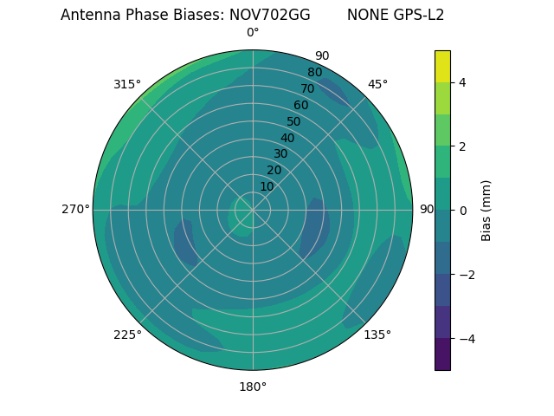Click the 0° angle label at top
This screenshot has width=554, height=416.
click(x=253, y=33)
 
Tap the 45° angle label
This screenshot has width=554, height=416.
click(x=377, y=84)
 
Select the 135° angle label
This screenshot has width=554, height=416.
click(x=377, y=335)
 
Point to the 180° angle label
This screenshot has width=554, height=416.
click(x=253, y=387)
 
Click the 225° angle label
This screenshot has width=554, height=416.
click(x=127, y=335)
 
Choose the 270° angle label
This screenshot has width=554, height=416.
click(x=75, y=209)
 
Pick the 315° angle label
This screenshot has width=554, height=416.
click(x=127, y=84)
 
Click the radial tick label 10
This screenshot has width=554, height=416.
click(x=267, y=186)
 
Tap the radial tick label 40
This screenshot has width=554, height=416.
click(x=287, y=138)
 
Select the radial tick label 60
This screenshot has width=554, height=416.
click(x=300, y=106)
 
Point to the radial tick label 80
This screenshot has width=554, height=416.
click(x=314, y=73)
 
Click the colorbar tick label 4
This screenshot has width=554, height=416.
click(x=463, y=82)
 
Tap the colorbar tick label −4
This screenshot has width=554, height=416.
click(x=466, y=339)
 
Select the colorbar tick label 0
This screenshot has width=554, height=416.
click(x=463, y=211)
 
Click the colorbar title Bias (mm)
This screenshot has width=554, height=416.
click(x=486, y=210)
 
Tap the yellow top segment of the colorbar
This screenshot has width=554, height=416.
click(x=442, y=66)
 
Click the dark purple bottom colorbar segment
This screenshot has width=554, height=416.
click(x=442, y=354)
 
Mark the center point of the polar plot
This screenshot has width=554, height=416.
click(x=253, y=210)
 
